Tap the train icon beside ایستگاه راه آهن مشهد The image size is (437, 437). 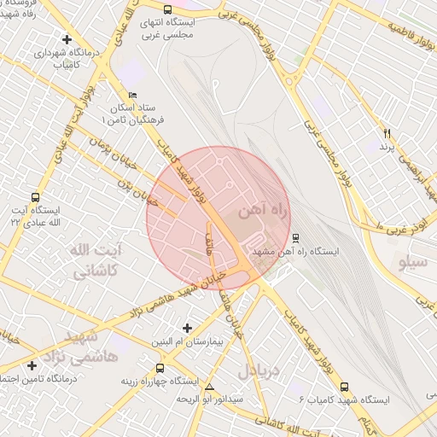tap(295, 238)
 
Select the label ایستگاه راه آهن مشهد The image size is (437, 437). tap(295, 253)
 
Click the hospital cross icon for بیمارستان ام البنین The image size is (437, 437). tap(189, 328)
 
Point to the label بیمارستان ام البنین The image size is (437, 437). tap(189, 341)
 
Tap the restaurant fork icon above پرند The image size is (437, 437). tap(387, 134)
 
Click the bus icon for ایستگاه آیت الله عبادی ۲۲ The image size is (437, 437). tap(34, 197)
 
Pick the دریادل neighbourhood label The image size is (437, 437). tap(258, 370)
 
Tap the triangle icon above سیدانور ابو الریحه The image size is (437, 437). tap(210, 386)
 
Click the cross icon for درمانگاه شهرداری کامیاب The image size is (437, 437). tap(67, 38)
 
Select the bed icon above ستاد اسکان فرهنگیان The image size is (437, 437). tap(130, 95)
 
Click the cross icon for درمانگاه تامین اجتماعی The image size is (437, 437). tap(32, 365)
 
